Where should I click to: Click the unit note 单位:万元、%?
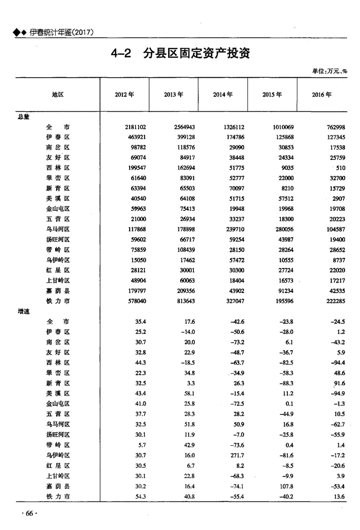(x=329, y=71)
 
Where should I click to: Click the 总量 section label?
(x=24, y=117)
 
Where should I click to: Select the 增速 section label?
(x=24, y=311)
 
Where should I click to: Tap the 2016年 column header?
(x=321, y=95)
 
